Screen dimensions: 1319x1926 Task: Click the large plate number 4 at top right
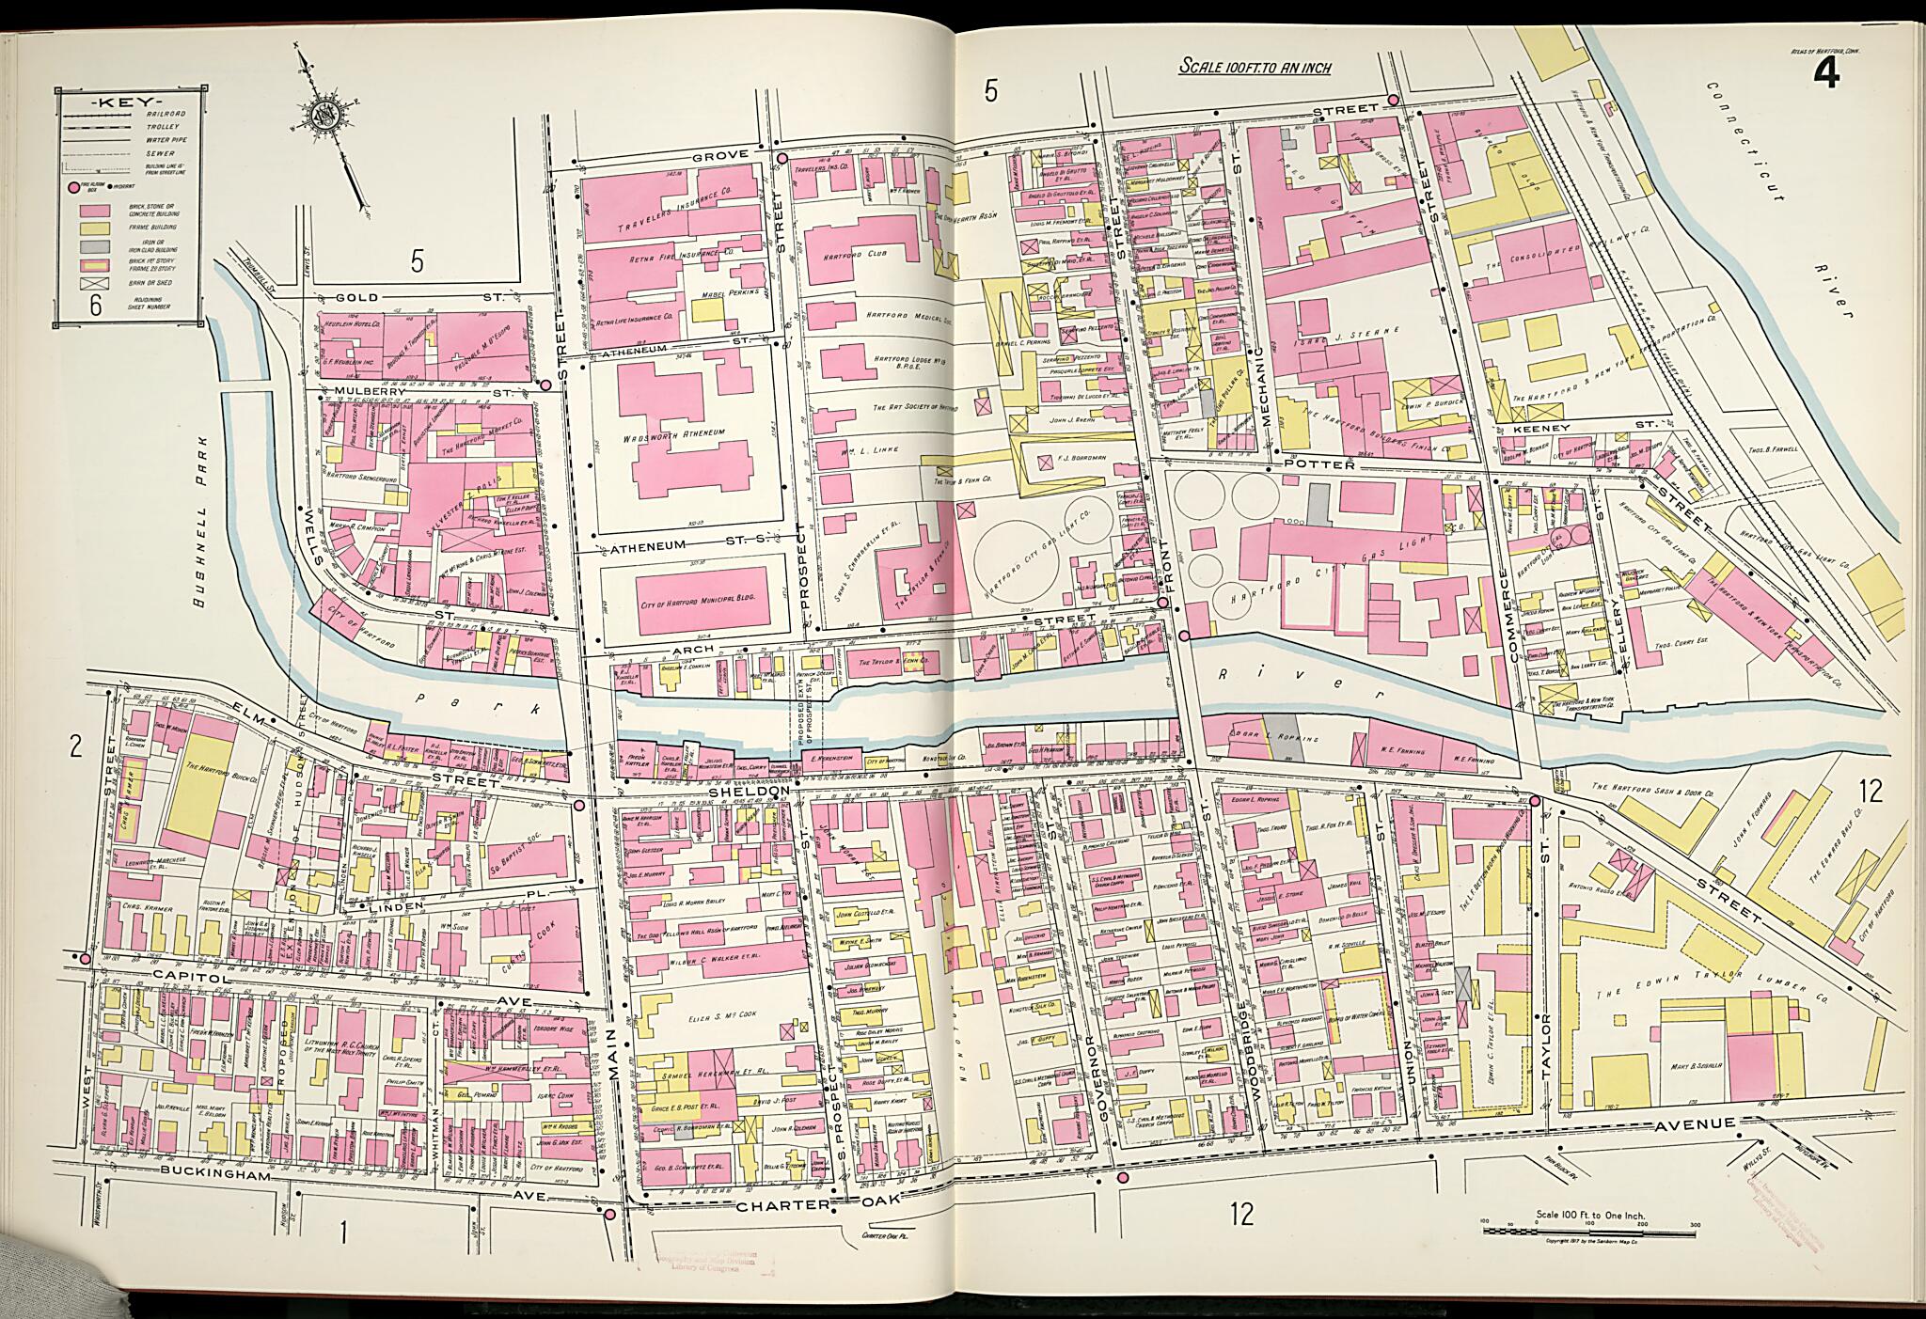click(1828, 71)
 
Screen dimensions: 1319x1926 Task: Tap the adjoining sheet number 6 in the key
click(95, 305)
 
